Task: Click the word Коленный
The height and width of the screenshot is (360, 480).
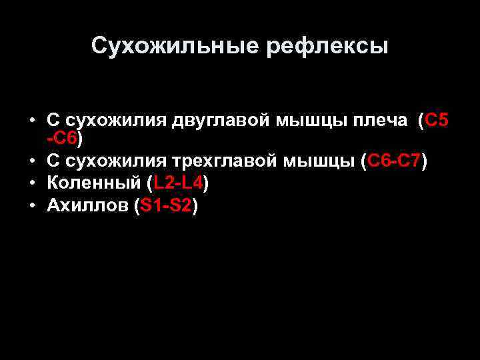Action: coord(93,183)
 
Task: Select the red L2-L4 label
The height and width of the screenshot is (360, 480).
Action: coord(177,183)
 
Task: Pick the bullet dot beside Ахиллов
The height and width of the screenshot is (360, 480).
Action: coord(32,206)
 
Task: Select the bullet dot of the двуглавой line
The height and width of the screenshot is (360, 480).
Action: coord(32,121)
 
